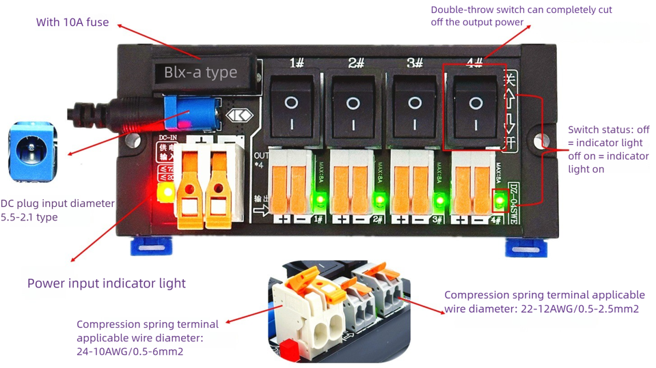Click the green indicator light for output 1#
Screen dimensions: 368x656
(x=318, y=201)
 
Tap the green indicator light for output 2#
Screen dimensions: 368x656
(x=379, y=201)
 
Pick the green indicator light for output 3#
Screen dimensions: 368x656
(x=439, y=201)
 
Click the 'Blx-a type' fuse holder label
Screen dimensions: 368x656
(x=201, y=72)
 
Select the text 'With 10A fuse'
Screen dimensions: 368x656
(x=72, y=23)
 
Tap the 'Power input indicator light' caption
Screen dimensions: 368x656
(x=107, y=283)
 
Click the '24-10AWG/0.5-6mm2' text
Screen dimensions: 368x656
(x=130, y=352)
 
